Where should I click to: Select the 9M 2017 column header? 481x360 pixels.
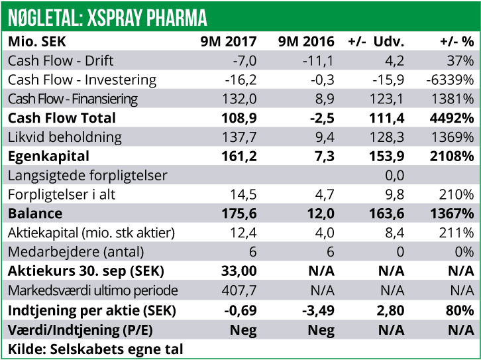pos(229,42)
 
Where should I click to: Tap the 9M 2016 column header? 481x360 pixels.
pos(307,42)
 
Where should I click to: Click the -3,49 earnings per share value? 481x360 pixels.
pos(318,310)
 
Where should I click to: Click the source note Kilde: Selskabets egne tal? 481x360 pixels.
pos(95,349)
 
